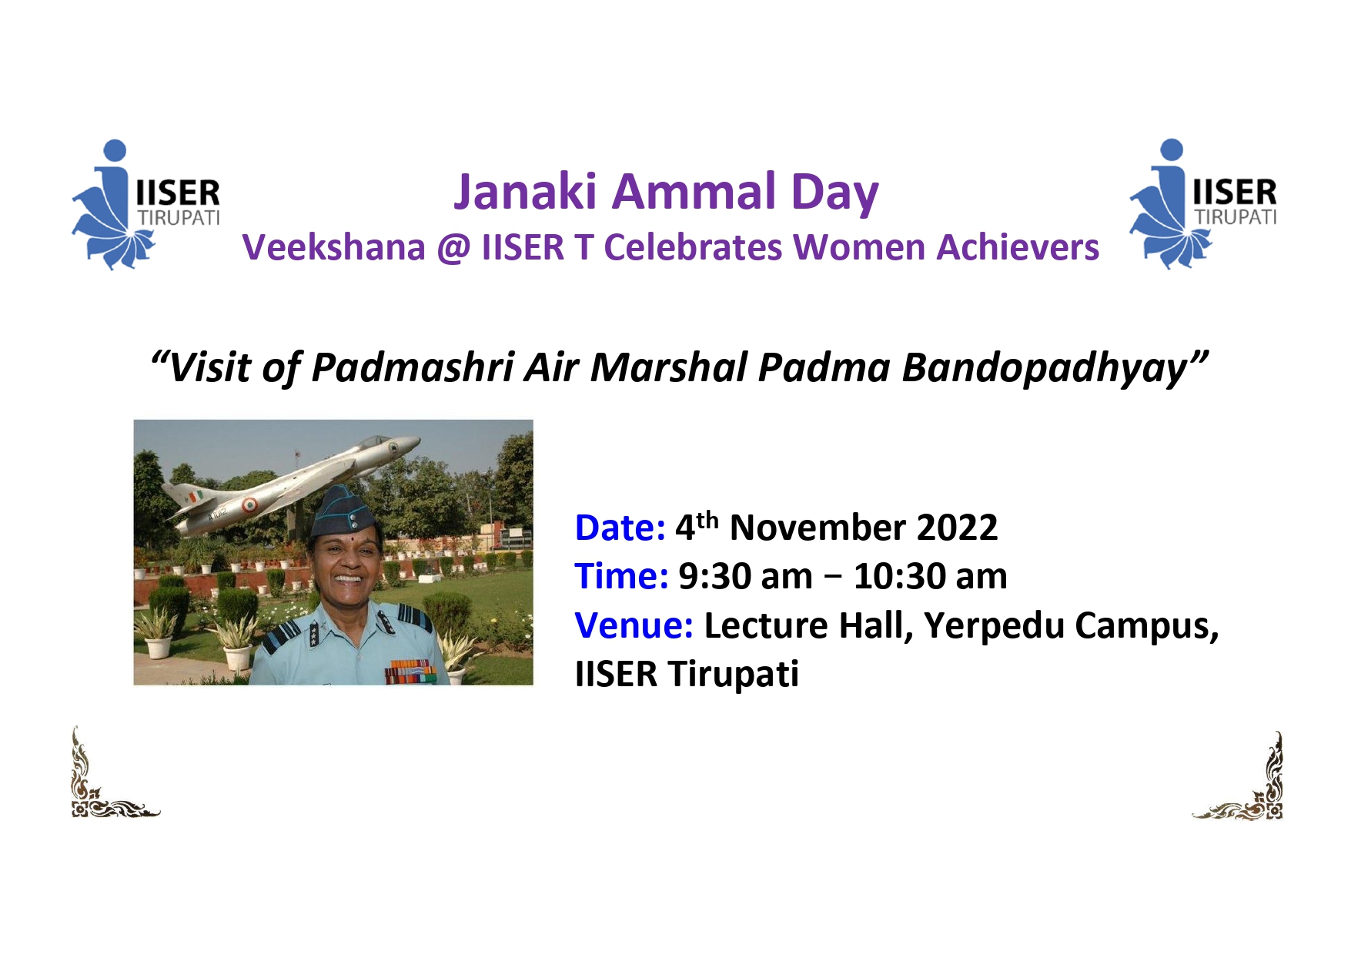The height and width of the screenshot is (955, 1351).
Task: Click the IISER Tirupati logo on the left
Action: tap(145, 205)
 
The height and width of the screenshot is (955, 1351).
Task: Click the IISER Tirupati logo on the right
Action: tap(1202, 204)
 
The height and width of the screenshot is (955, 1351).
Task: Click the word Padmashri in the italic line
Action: tap(413, 367)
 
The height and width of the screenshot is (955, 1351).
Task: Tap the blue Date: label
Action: tap(620, 528)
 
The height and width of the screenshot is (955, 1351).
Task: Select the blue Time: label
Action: tap(621, 577)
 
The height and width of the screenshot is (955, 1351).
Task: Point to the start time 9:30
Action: tap(708, 577)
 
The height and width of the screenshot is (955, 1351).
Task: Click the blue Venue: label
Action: tap(634, 625)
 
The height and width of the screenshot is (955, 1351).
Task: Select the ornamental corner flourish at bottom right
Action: tap(1238, 776)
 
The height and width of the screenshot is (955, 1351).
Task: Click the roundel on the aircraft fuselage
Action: tap(249, 505)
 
